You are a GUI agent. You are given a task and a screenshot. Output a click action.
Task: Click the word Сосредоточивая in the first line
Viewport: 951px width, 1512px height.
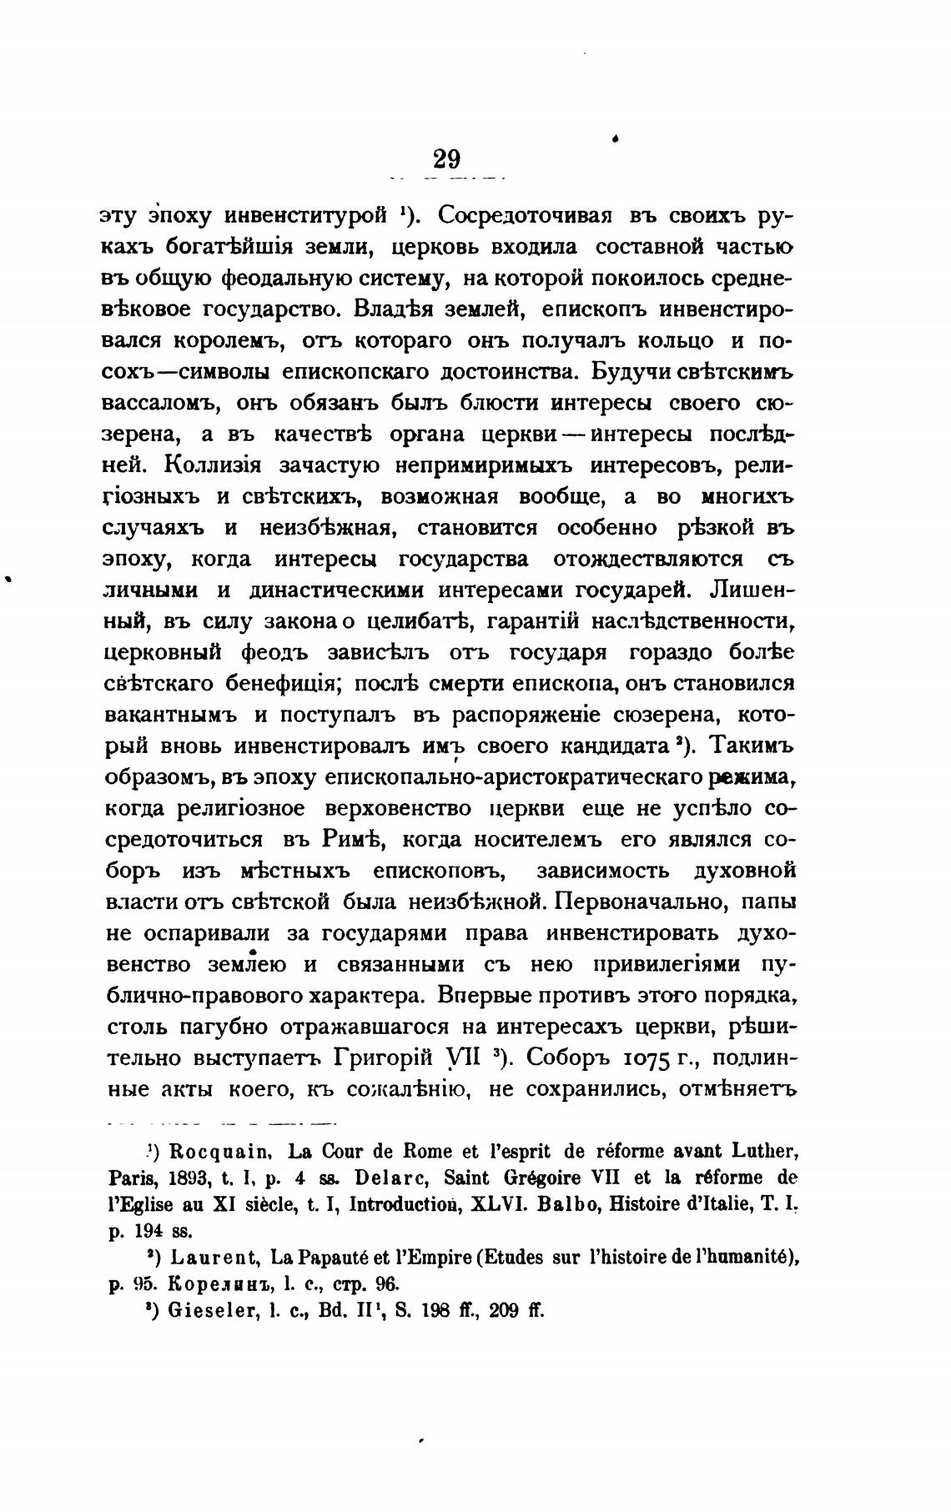pyautogui.click(x=525, y=215)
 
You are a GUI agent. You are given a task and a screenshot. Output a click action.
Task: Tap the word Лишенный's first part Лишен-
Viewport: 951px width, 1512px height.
pyautogui.click(x=752, y=589)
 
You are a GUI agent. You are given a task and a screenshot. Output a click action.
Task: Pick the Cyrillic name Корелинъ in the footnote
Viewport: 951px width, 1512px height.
pyautogui.click(x=194, y=1283)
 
